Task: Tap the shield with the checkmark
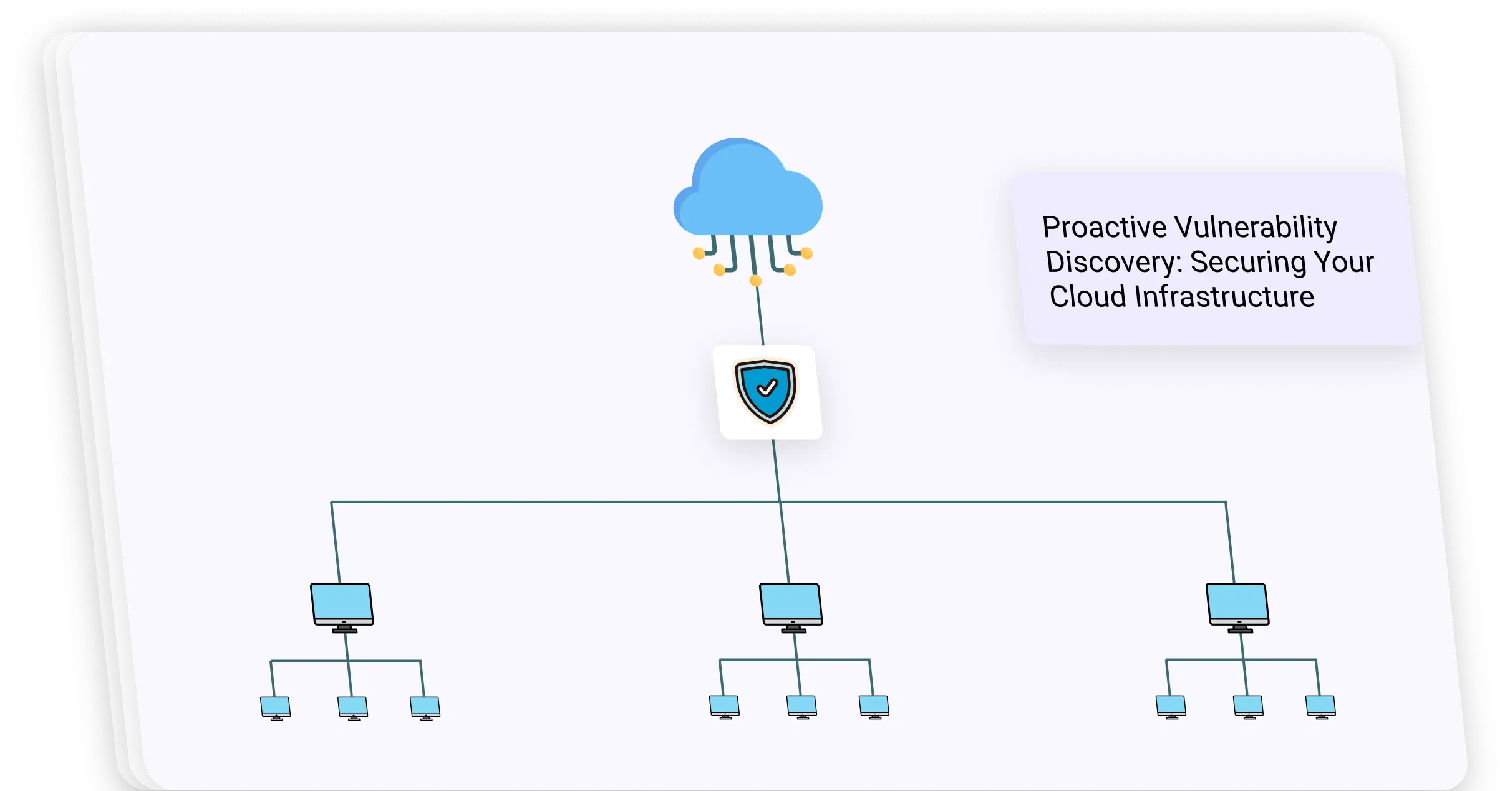click(766, 391)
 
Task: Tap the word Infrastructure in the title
click(1224, 297)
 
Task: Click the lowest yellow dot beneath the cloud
click(755, 281)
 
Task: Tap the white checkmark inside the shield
click(767, 388)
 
